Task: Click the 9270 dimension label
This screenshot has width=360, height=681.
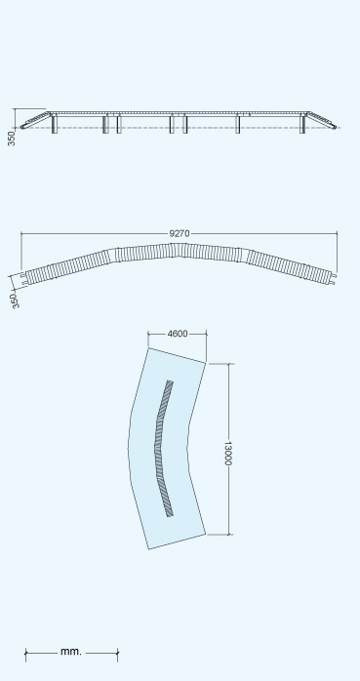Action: pos(179,233)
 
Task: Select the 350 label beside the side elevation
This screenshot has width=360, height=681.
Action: pos(12,139)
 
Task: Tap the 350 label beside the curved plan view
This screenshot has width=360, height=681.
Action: pos(15,300)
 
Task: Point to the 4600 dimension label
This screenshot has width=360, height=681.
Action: pos(178,334)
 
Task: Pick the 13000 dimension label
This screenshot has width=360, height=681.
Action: pos(227,453)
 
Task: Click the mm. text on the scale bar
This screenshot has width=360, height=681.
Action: pos(71,651)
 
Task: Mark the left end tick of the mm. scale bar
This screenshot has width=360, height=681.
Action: pos(25,655)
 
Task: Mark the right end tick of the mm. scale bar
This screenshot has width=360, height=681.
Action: pos(118,655)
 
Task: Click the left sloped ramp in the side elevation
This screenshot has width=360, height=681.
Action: pos(35,120)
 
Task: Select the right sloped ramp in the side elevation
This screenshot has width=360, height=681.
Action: pos(321,119)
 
